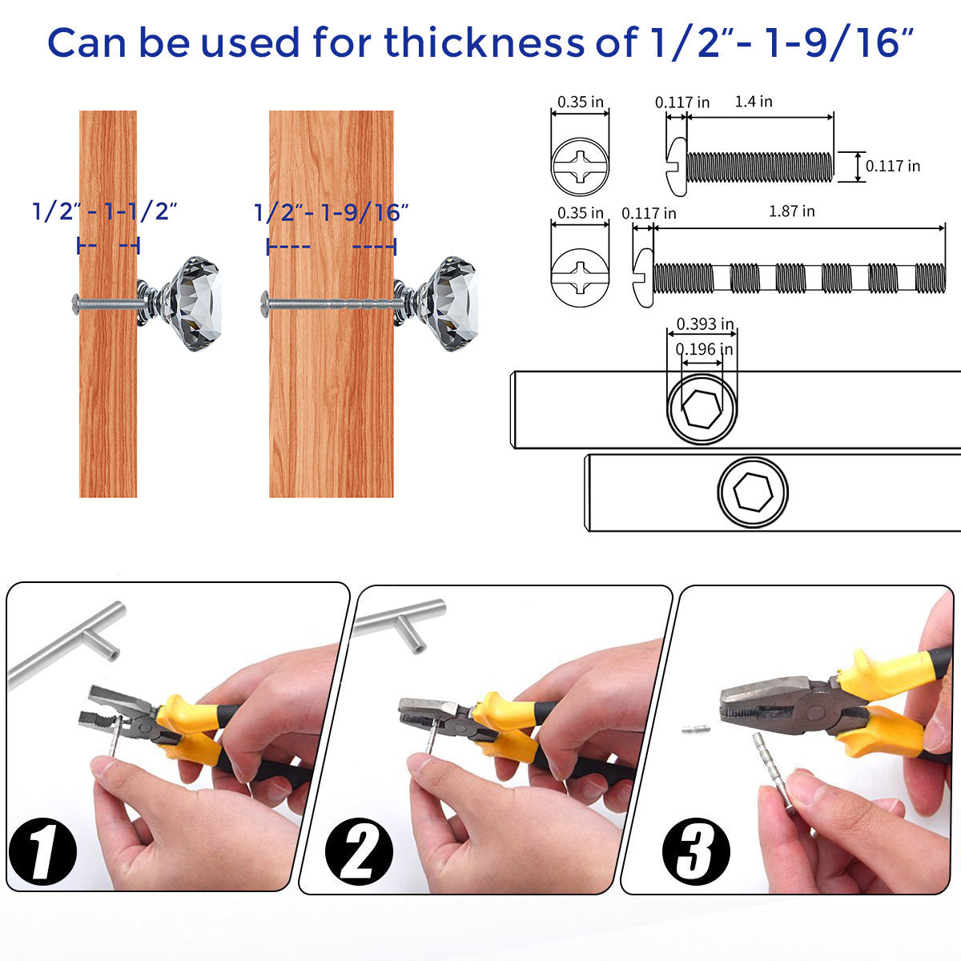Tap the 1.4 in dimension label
(x=754, y=101)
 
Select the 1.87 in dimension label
(x=791, y=211)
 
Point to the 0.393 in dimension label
(x=705, y=324)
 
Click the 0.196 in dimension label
(x=704, y=349)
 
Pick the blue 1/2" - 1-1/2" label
(x=105, y=211)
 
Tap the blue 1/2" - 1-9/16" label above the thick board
(x=331, y=212)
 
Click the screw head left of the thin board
(x=76, y=304)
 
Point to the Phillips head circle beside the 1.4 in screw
(x=580, y=167)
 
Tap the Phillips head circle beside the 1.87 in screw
(x=580, y=278)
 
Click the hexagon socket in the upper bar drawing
(x=702, y=409)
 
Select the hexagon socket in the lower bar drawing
(x=753, y=493)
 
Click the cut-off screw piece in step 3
(x=694, y=730)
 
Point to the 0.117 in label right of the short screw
(x=893, y=166)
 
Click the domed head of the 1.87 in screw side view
(x=644, y=278)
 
